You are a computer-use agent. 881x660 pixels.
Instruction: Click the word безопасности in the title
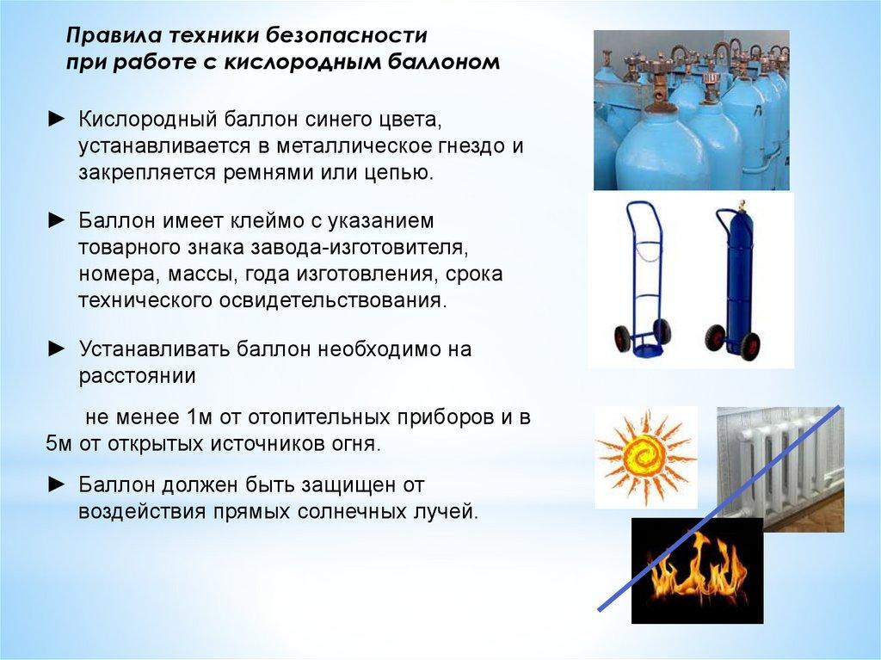347,35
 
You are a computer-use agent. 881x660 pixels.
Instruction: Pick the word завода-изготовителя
360,247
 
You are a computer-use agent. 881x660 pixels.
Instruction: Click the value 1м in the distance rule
198,417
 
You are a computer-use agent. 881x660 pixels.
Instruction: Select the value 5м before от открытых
59,445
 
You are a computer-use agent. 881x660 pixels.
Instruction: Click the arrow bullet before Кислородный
58,120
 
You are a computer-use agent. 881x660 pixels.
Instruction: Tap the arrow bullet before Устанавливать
58,349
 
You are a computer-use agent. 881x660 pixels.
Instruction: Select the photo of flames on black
697,571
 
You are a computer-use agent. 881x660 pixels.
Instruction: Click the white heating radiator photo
780,470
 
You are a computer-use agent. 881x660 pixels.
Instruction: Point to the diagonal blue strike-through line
719,509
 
